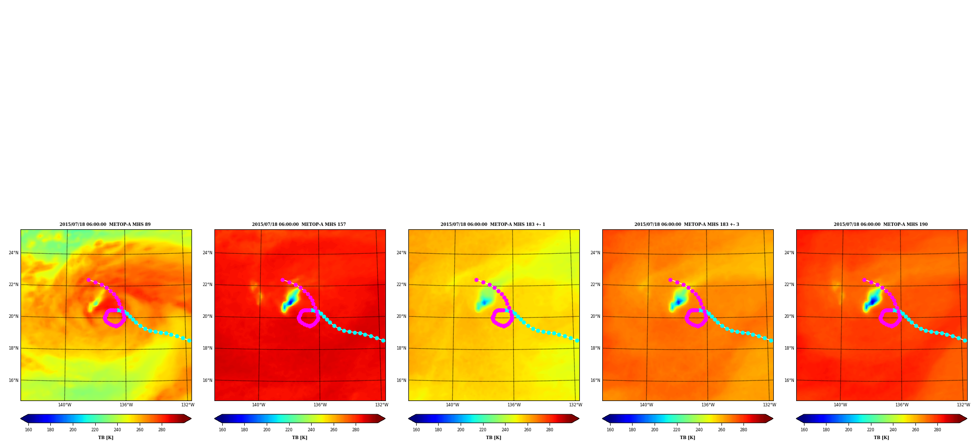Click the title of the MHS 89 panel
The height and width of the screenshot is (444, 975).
105,224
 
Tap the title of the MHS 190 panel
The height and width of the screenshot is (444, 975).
881,224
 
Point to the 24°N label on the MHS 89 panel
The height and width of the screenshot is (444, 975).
14,253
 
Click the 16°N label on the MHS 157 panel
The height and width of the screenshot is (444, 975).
208,380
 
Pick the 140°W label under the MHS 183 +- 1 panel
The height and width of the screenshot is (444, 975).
452,405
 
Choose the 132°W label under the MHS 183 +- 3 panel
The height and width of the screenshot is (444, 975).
769,405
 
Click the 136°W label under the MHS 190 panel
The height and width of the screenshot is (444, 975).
902,405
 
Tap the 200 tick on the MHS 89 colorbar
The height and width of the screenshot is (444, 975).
73,430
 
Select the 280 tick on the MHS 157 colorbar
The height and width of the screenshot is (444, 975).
356,430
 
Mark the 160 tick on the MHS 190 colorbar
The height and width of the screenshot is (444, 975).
804,430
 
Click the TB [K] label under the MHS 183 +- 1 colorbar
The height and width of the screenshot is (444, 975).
493,438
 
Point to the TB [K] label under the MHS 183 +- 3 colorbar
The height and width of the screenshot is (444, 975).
687,438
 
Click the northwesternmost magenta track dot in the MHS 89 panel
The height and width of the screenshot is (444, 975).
88,280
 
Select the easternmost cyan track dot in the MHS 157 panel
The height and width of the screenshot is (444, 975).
383,340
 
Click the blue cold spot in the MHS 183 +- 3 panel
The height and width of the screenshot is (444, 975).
678,302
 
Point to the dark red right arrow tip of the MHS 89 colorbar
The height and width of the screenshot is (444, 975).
191,419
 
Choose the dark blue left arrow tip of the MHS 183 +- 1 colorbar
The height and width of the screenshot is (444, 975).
409,419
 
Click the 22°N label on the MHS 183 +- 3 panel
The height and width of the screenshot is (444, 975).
595,285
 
